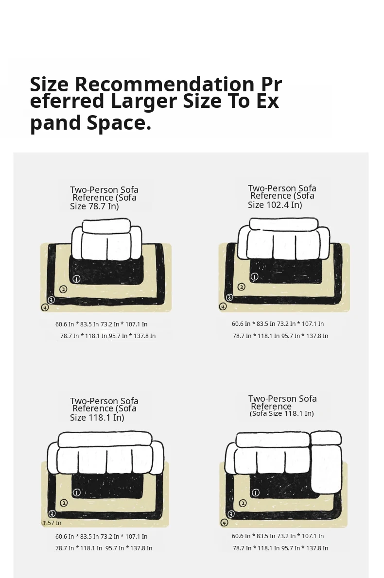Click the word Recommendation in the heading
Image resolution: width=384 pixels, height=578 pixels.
[x=164, y=84]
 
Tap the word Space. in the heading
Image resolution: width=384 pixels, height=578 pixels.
[x=119, y=123]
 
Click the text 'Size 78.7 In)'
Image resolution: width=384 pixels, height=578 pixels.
[x=94, y=206]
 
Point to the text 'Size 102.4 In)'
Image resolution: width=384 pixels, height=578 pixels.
[x=275, y=204]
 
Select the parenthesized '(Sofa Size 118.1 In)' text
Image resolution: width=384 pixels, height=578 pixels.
[x=282, y=413]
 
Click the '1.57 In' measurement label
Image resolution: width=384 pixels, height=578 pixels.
[x=52, y=523]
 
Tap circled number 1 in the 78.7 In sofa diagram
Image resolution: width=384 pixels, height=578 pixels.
[x=76, y=279]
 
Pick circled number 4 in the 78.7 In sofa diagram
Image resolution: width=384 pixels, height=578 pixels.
[x=45, y=307]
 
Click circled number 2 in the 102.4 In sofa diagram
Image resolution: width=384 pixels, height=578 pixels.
[x=241, y=287]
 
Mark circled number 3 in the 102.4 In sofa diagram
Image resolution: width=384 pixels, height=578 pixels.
[x=229, y=297]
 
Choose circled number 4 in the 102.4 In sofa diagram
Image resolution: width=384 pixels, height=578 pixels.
[x=223, y=306]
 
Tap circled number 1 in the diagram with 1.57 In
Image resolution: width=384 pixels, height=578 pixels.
[x=77, y=493]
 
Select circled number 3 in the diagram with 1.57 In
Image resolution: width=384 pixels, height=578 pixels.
[x=52, y=513]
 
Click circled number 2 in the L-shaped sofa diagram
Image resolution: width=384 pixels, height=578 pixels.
[x=243, y=503]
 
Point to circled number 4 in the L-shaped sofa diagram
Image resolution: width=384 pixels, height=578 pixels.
[x=224, y=522]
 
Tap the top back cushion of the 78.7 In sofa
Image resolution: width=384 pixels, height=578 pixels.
[x=106, y=226]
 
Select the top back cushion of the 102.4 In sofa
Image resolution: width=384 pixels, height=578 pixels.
[x=283, y=224]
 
